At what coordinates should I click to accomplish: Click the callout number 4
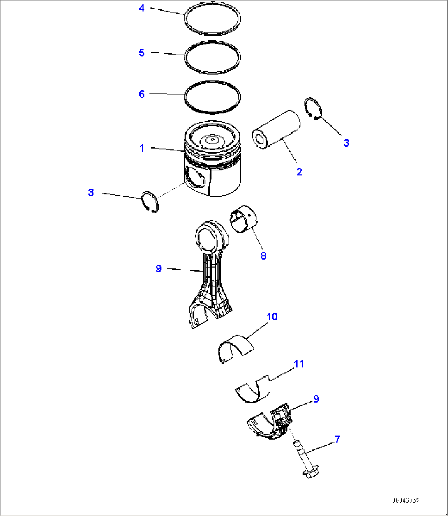(142, 7)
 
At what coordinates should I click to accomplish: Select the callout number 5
(142, 53)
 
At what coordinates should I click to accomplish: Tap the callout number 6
(142, 94)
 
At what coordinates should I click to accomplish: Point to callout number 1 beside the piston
(142, 148)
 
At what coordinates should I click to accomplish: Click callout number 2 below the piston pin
(299, 172)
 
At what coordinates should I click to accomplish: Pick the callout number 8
(263, 256)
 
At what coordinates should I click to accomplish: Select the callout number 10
(272, 317)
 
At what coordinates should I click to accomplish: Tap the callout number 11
(299, 364)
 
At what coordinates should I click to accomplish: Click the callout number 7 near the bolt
(337, 440)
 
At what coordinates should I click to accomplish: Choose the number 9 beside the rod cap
(316, 399)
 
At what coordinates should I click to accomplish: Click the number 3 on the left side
(91, 192)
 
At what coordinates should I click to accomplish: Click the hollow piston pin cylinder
(275, 131)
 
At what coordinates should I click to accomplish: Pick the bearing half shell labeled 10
(235, 348)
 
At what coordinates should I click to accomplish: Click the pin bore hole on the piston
(194, 179)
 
